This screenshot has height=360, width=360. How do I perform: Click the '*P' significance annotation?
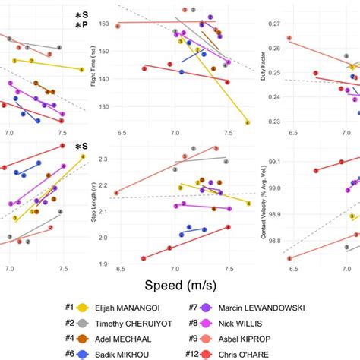tap(81, 27)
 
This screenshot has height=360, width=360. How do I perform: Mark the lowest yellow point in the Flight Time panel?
tap(248, 122)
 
